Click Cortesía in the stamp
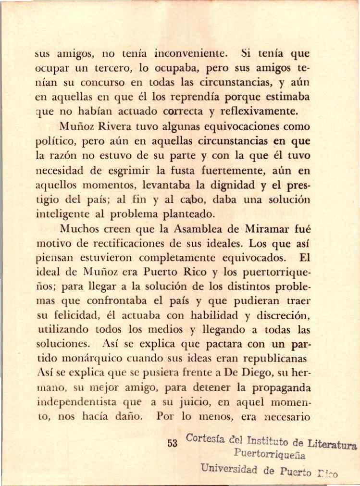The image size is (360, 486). [203, 439]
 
